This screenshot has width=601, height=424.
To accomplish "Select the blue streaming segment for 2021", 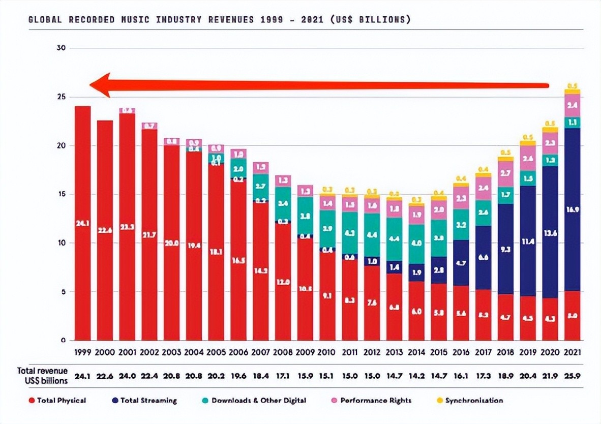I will pyautogui.click(x=572, y=209).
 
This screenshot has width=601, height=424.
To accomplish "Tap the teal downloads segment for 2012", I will pyautogui.click(x=372, y=235).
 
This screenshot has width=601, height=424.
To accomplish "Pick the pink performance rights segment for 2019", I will pyautogui.click(x=528, y=158).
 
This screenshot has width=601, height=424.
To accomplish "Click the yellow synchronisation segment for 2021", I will pyautogui.click(x=572, y=92).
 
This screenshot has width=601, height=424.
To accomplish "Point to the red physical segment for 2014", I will pyautogui.click(x=416, y=311).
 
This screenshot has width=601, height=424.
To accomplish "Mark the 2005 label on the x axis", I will pyautogui.click(x=216, y=352).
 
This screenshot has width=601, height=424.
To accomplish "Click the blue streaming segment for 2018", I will pyautogui.click(x=505, y=249).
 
